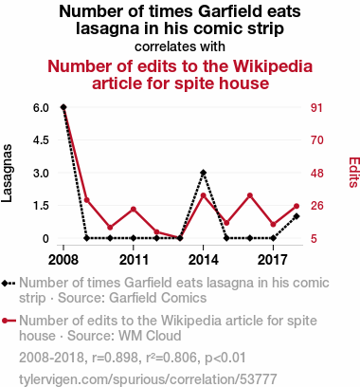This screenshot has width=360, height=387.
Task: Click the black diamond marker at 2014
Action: click(204, 173)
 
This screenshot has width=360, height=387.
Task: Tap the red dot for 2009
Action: click(87, 200)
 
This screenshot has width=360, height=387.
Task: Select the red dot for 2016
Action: click(250, 195)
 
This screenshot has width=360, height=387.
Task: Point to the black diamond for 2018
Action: click(297, 216)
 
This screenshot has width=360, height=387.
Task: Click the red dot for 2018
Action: click(297, 206)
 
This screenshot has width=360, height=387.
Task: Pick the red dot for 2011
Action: click(134, 209)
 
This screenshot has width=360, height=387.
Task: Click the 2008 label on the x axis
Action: click(63, 260)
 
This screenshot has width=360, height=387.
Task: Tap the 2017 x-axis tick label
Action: click(273, 260)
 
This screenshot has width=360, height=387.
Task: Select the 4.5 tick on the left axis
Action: click(41, 140)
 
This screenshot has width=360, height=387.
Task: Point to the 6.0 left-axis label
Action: click(41, 107)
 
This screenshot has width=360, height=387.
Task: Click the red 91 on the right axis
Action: click(316, 108)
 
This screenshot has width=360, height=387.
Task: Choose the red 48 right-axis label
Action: click(317, 174)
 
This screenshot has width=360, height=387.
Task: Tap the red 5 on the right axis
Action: click(314, 238)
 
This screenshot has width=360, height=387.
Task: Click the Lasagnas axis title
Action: click(7, 174)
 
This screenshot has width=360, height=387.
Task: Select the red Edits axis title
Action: click(353, 173)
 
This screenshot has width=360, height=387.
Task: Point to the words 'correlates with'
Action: click(180, 46)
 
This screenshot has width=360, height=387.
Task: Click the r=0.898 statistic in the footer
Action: click(116, 358)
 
